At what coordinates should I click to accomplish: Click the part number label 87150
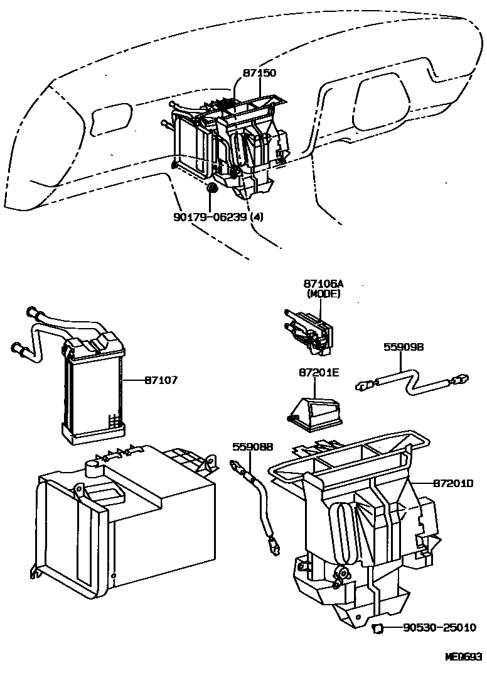click(259, 73)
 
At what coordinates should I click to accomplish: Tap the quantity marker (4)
click(256, 217)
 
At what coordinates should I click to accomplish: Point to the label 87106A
click(323, 285)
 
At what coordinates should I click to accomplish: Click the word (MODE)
click(323, 294)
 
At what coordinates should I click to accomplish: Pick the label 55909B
click(405, 346)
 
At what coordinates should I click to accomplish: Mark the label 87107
click(161, 380)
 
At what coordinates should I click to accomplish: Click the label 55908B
click(253, 447)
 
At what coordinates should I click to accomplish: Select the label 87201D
click(452, 483)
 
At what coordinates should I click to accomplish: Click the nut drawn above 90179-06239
click(212, 189)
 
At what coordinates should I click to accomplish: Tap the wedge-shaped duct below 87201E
click(314, 412)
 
